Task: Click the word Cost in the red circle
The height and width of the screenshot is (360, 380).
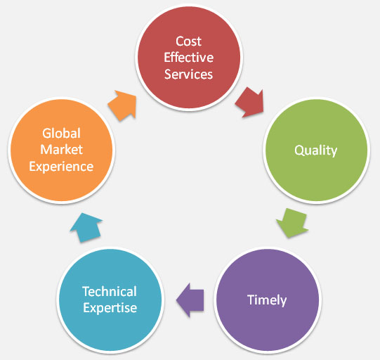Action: pyautogui.click(x=188, y=41)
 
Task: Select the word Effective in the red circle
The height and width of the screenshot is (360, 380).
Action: pyautogui.click(x=189, y=58)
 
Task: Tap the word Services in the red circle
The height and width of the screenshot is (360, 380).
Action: pyautogui.click(x=188, y=74)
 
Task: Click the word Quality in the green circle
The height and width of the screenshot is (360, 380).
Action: pyautogui.click(x=316, y=150)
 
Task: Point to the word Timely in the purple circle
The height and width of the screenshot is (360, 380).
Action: pyautogui.click(x=267, y=300)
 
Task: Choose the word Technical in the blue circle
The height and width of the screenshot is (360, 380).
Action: pyautogui.click(x=110, y=291)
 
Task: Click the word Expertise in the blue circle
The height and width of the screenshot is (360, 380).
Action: pyautogui.click(x=110, y=308)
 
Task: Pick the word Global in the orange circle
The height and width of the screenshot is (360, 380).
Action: pyautogui.click(x=61, y=133)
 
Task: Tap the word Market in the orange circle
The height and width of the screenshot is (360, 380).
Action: pyautogui.click(x=61, y=150)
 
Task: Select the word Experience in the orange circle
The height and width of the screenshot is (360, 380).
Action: pyautogui.click(x=61, y=167)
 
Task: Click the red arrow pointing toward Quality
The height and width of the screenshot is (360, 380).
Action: pyautogui.click(x=250, y=103)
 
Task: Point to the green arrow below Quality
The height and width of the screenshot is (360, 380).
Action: pyautogui.click(x=292, y=223)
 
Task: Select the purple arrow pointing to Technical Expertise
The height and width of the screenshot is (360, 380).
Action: pyautogui.click(x=190, y=300)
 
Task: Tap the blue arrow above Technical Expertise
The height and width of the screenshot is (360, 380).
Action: pyautogui.click(x=86, y=228)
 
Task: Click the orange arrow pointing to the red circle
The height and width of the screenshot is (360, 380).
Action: pyautogui.click(x=122, y=105)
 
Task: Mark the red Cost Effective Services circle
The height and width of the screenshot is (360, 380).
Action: pyautogui.click(x=189, y=58)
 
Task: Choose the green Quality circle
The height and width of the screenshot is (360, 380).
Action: pyautogui.click(x=316, y=150)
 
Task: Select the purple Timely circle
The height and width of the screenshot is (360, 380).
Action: pyautogui.click(x=268, y=300)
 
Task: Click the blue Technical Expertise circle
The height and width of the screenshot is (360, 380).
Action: pyautogui.click(x=110, y=300)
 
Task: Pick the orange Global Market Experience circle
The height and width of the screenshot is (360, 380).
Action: pyautogui.click(x=62, y=150)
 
